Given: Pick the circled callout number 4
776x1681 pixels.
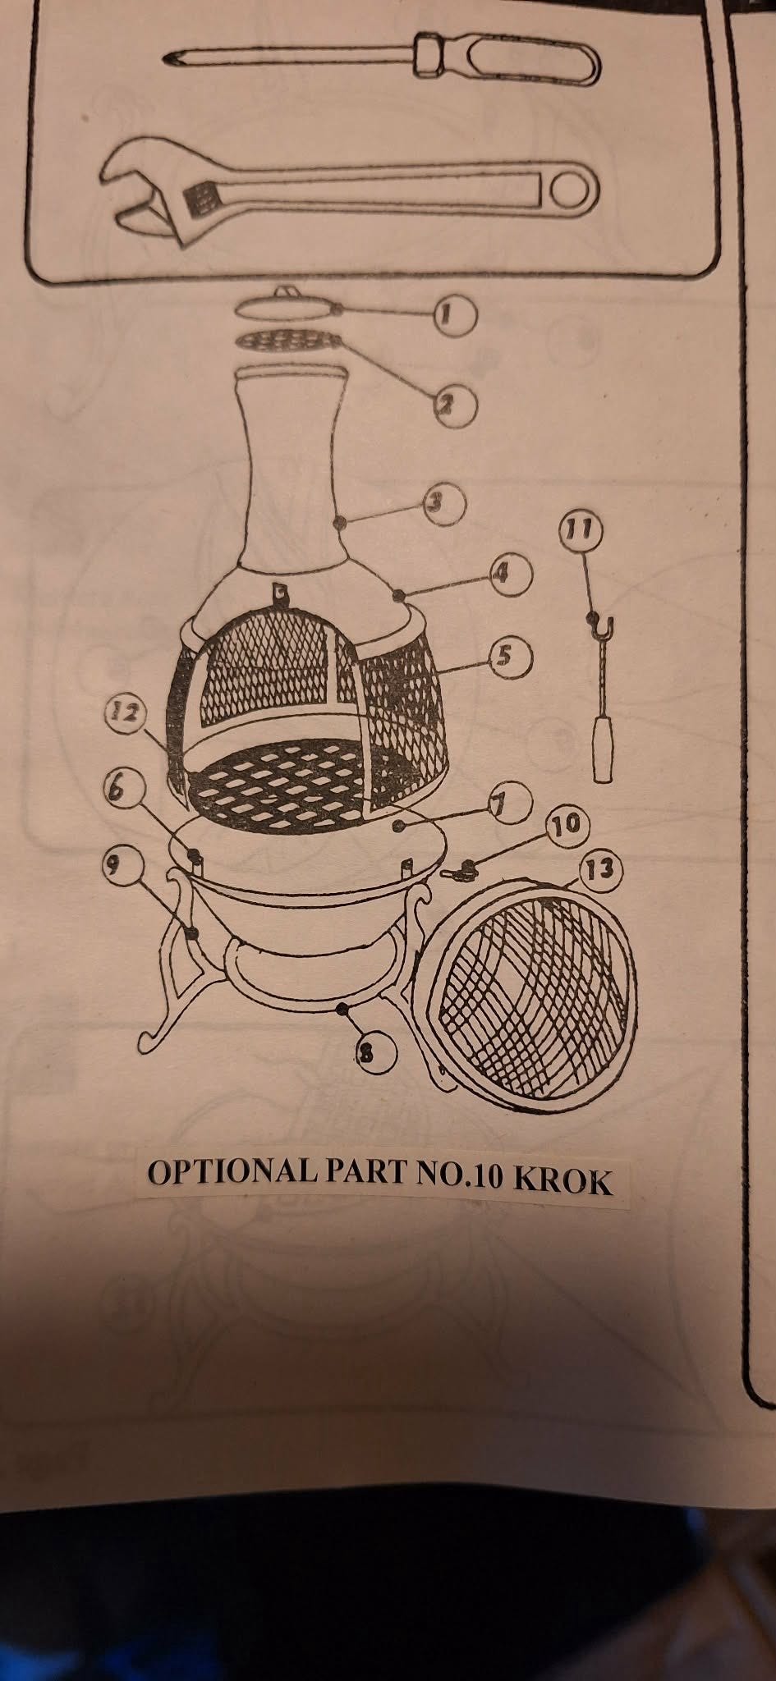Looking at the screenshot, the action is tap(510, 574).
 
